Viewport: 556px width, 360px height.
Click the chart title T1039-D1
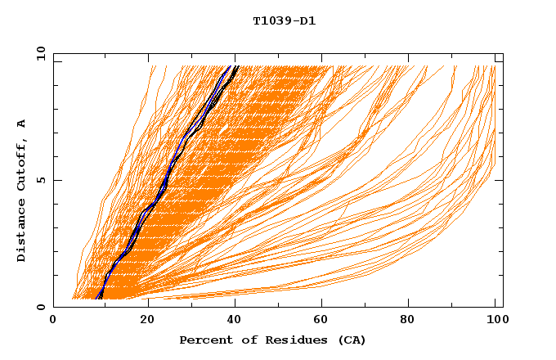click(x=285, y=20)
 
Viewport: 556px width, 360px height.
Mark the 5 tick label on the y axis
click(x=40, y=180)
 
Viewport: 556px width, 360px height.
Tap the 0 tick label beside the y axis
click(x=40, y=307)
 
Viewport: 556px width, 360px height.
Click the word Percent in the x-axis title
click(x=203, y=340)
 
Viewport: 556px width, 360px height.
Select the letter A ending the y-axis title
click(x=21, y=123)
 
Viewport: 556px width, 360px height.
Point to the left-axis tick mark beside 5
click(x=56, y=180)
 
